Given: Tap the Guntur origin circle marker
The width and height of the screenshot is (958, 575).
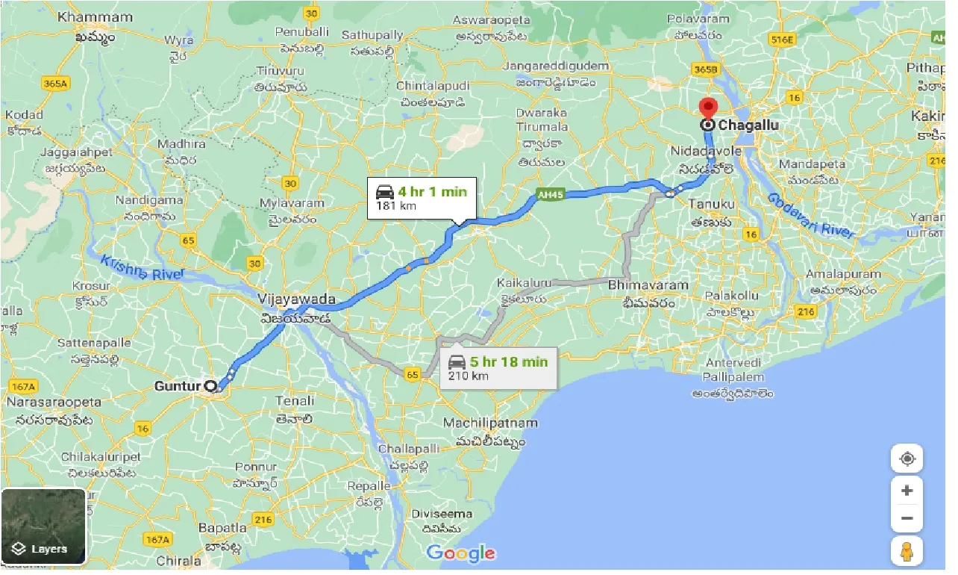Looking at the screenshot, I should [210, 387].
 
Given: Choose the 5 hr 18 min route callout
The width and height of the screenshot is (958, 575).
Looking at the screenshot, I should [498, 368].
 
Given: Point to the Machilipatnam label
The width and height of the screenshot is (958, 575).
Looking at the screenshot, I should [489, 423].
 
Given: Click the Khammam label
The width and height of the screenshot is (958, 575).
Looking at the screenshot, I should [95, 16].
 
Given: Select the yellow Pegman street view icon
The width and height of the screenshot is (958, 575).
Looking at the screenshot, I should [907, 551].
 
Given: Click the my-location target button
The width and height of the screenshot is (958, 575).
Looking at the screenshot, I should [907, 459].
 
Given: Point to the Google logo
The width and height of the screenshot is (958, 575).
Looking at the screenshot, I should [460, 553].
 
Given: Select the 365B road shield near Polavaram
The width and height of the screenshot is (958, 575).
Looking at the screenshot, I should [704, 69].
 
